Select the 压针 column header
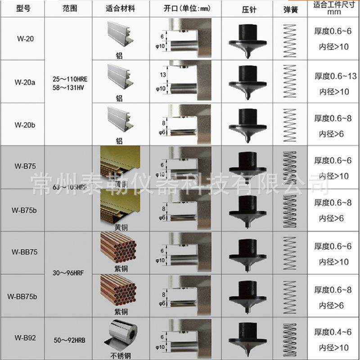249,9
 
